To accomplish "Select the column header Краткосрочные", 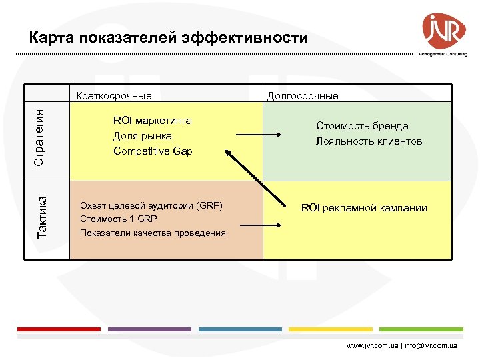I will point(114,95).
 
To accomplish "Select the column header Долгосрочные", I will point(303,96).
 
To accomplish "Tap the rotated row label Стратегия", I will point(40,138).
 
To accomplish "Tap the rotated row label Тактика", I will point(42,217).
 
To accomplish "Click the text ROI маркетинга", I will point(153,121).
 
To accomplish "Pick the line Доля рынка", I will point(143,136).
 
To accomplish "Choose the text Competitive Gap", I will point(153,151).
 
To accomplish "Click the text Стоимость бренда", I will point(362,126).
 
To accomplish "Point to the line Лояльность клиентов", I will point(369,141).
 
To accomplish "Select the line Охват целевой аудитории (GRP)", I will point(151,205).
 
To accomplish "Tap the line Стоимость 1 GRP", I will point(119,219).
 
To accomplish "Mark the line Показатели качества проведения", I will point(153,233).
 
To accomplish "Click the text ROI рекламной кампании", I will point(364,208).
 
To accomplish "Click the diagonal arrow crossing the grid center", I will point(253,177).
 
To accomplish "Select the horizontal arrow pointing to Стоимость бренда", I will point(260,136).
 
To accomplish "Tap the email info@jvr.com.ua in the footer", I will point(431,346).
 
